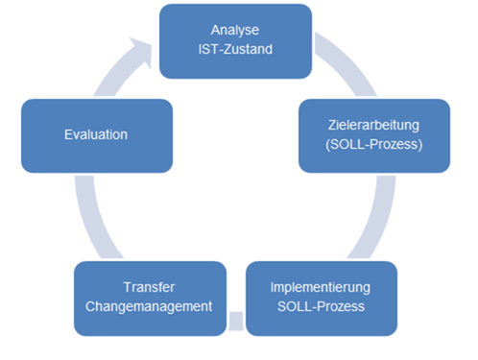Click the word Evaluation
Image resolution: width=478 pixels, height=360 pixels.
97,134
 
